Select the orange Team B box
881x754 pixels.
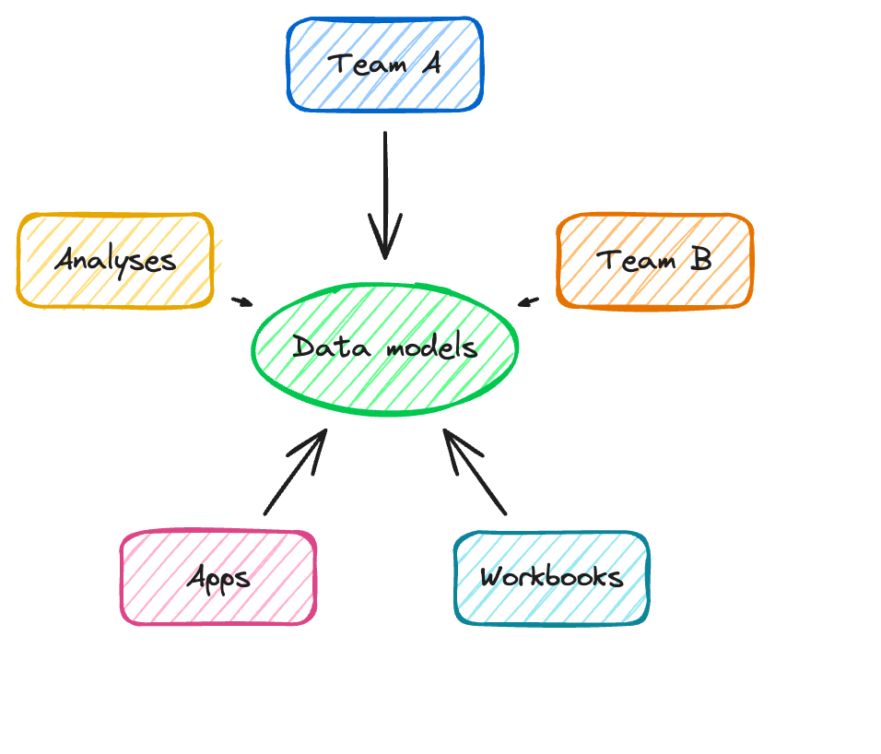(655, 261)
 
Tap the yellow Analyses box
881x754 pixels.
(115, 261)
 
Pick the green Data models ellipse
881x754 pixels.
(385, 348)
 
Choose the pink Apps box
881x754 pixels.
(218, 578)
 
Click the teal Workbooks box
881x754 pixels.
(551, 578)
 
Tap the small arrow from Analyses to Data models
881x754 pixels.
(241, 300)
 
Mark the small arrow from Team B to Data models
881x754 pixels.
(528, 300)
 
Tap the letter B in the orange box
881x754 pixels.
(701, 261)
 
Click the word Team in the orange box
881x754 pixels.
(632, 261)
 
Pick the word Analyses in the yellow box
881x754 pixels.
(115, 262)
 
